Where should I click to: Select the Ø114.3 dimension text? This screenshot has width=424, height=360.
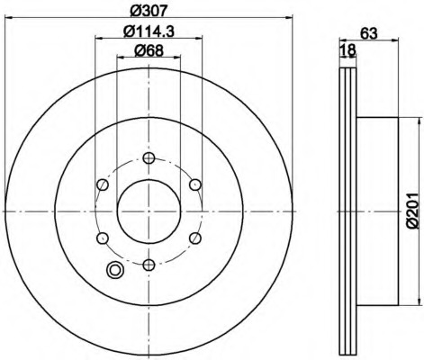[149, 31]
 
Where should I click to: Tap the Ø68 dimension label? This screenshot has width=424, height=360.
[149, 50]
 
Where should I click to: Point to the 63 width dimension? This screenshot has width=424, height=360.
[368, 33]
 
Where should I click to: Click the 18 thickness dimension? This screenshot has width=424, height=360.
[348, 50]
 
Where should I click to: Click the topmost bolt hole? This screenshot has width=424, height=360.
[149, 157]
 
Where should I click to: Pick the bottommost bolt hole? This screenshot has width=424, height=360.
[149, 265]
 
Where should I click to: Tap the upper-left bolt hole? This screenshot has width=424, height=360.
[103, 184]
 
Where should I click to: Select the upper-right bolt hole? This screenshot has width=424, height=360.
[195, 184]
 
